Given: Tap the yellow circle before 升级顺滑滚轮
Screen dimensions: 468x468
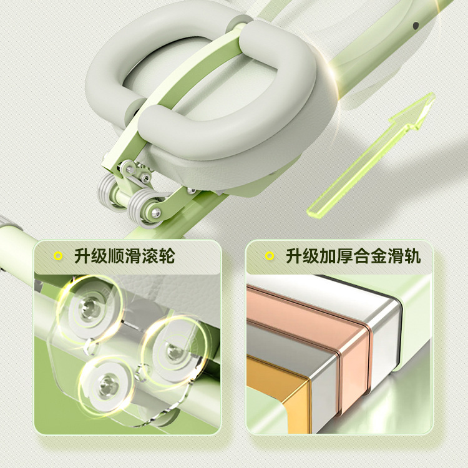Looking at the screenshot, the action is coord(58,256).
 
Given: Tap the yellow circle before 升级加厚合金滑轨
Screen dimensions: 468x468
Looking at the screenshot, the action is coord(270,256).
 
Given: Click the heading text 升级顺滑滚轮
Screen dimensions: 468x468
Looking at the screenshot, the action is coord(124,256).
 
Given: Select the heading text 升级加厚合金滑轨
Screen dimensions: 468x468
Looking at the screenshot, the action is coord(353,256).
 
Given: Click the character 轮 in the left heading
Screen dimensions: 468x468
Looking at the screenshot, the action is coord(166,256).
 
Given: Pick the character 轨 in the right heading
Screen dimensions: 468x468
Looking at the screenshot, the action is coord(412,256).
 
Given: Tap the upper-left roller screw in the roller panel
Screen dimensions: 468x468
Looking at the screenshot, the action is coord(89,308).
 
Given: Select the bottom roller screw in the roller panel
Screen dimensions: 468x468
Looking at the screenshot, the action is coord(109,386).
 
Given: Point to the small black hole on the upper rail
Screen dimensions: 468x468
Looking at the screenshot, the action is coord(415,26).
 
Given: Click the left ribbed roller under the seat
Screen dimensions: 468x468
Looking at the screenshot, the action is coord(108,191).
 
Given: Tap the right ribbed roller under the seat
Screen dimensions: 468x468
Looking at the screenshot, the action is coord(144,207).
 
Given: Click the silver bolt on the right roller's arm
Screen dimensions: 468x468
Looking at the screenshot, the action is coord(155,213).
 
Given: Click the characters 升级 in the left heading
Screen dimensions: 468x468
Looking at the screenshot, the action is coord(90,256).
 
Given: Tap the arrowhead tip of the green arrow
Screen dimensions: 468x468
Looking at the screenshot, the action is coord(434,94).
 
